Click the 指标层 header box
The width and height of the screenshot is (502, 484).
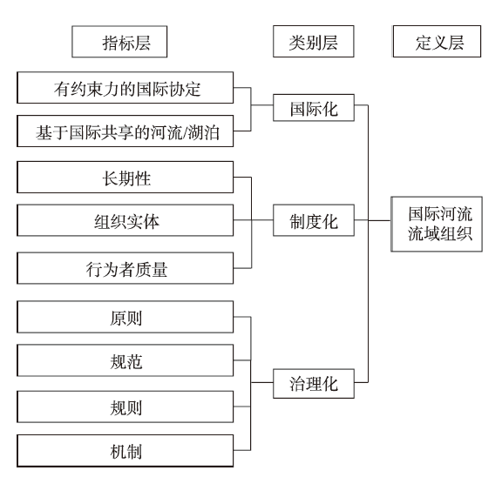point(119,42)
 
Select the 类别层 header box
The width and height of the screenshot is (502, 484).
point(314,42)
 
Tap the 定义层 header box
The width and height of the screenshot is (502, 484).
point(437,42)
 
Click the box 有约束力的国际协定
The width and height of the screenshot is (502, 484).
point(125,88)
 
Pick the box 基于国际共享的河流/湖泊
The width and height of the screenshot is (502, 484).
point(125,131)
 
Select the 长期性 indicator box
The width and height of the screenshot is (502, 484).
point(125,177)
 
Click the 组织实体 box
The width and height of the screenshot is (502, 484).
point(125,220)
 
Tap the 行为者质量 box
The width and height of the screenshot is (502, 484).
point(125,268)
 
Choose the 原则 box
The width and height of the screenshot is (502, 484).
point(125,317)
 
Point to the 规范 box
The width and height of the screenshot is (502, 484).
point(125,360)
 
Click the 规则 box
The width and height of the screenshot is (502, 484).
point(125,407)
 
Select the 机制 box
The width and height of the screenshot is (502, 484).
point(125,451)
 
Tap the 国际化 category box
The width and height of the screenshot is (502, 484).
point(314,108)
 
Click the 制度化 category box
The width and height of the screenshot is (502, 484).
point(314,220)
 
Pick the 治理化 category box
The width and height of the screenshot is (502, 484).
point(314,384)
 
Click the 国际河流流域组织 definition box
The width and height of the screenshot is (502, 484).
point(437,224)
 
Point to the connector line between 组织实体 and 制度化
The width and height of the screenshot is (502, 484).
point(254,220)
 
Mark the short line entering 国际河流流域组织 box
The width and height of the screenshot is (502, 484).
point(379,220)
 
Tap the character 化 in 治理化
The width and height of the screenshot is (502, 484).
point(330,384)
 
